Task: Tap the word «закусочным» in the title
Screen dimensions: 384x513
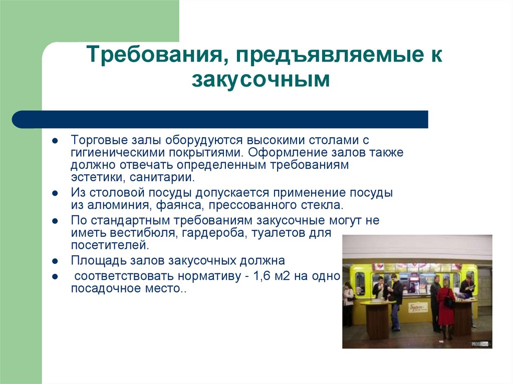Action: (x=261, y=80)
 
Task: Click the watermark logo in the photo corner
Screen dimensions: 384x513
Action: (x=480, y=344)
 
